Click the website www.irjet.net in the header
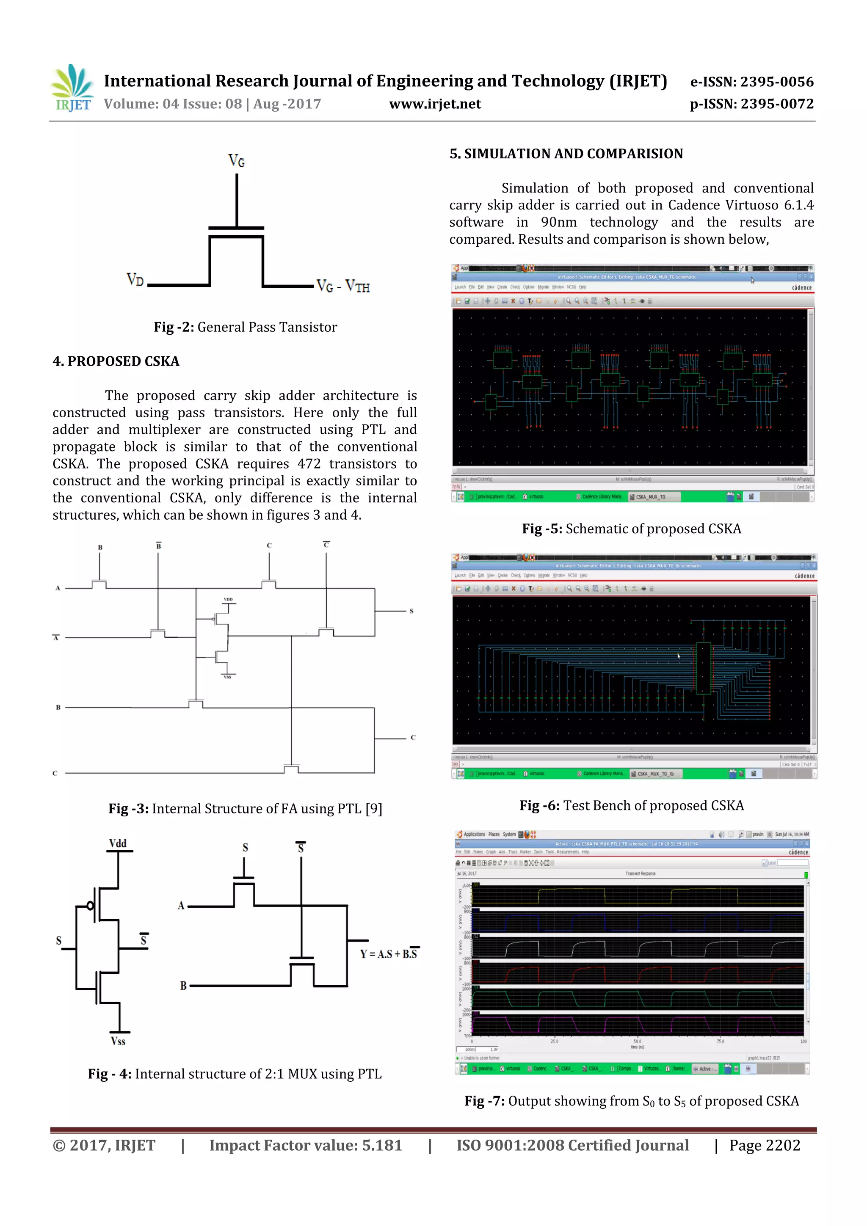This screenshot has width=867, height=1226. (x=435, y=104)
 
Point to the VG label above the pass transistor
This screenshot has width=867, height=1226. (x=236, y=160)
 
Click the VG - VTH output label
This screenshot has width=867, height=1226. (x=343, y=286)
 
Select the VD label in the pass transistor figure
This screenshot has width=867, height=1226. (x=135, y=279)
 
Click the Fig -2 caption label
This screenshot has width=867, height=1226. (x=174, y=327)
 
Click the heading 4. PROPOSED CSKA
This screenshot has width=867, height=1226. (x=116, y=361)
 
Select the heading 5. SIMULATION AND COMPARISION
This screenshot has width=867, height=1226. (x=566, y=154)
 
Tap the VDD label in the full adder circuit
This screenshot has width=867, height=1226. (x=228, y=599)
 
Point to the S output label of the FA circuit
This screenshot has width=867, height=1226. (x=411, y=611)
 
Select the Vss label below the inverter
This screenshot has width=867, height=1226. (x=118, y=1041)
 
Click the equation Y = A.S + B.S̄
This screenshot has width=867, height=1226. (x=389, y=954)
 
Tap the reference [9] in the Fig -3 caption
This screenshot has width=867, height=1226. (x=373, y=809)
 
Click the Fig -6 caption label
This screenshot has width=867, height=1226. (x=539, y=806)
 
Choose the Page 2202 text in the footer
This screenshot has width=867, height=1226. (x=765, y=1145)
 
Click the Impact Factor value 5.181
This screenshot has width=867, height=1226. (x=382, y=1145)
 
